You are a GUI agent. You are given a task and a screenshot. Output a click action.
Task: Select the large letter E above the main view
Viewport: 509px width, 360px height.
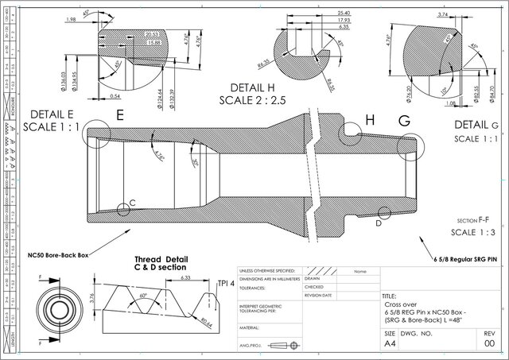pyautogui.click(x=120, y=115)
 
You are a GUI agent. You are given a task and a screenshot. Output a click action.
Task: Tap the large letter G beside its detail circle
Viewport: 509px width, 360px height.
pyautogui.click(x=404, y=121)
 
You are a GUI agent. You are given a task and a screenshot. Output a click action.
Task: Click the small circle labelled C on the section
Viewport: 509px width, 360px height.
pyautogui.click(x=122, y=210)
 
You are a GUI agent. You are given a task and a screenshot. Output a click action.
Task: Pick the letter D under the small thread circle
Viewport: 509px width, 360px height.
pyautogui.click(x=379, y=224)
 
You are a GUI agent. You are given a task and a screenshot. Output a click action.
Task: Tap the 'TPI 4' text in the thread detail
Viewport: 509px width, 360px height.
pyautogui.click(x=227, y=284)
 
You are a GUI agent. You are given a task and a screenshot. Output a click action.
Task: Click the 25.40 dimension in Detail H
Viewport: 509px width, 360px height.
pyautogui.click(x=323, y=14)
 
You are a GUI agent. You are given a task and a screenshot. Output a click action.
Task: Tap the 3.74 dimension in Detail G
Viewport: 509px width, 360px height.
pyautogui.click(x=444, y=14)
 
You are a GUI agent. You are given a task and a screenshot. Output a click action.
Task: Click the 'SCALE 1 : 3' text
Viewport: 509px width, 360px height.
pyautogui.click(x=473, y=232)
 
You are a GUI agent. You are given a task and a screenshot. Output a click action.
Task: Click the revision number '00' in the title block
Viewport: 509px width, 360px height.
pyautogui.click(x=490, y=346)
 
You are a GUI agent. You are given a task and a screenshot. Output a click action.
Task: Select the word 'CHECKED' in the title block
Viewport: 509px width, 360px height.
pyautogui.click(x=315, y=287)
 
